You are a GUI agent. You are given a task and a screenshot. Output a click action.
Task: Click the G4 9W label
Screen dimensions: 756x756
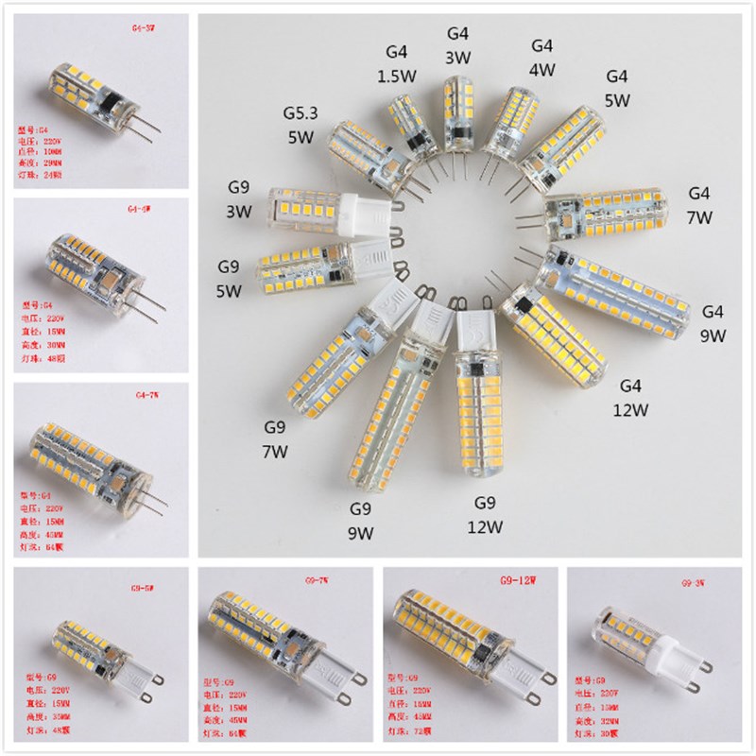[x=712, y=323]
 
